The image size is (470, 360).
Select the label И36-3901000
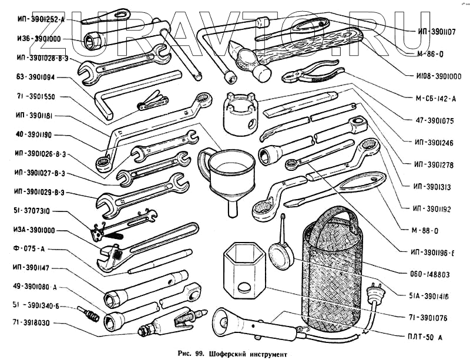tap(35, 39)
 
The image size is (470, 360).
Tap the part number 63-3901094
tap(35, 76)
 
